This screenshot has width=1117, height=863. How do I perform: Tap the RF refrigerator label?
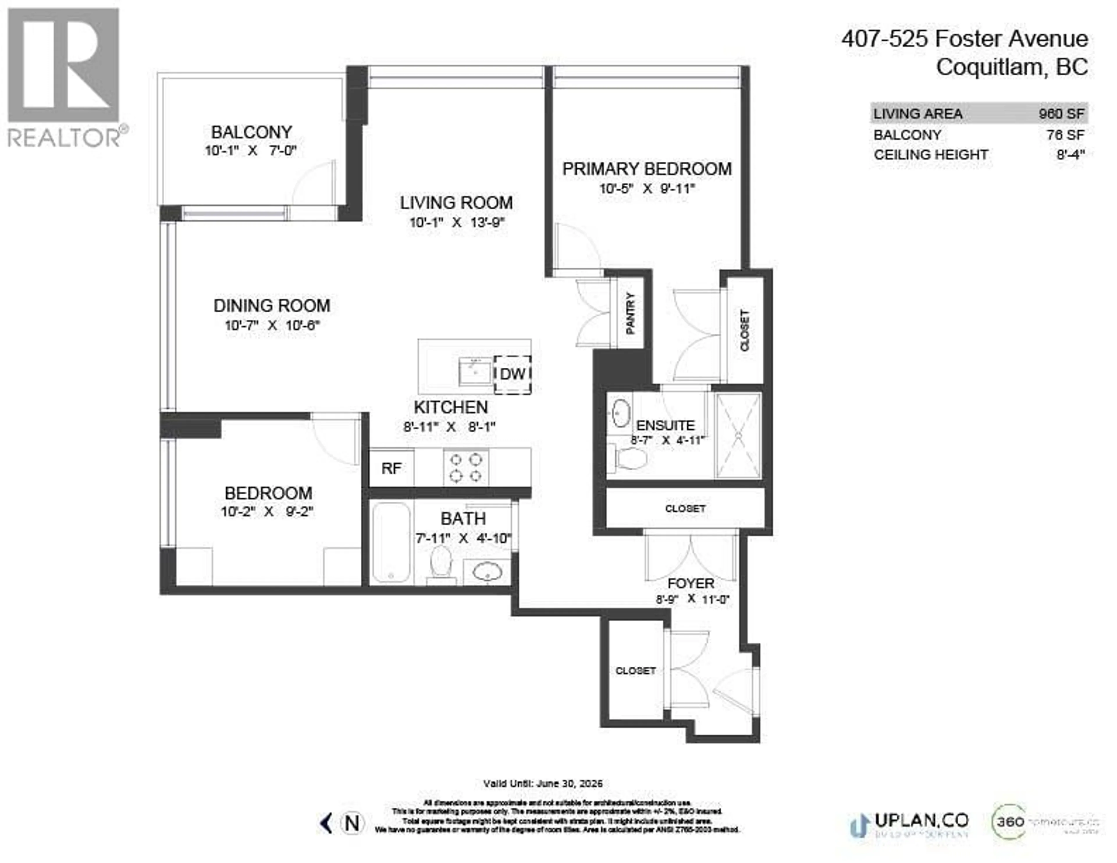click(391, 468)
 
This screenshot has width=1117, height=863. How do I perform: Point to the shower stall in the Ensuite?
click(738, 435)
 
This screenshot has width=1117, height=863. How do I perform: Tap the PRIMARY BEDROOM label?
click(647, 169)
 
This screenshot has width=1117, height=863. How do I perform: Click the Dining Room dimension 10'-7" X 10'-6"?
click(272, 325)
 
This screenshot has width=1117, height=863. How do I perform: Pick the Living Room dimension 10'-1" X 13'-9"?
click(457, 223)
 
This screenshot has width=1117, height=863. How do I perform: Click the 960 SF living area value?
click(1061, 113)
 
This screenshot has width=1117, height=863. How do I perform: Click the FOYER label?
click(691, 583)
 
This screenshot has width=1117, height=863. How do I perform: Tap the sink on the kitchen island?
click(475, 372)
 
